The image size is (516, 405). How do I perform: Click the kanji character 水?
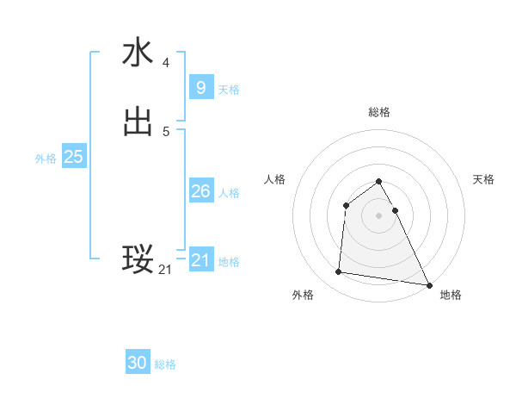138,53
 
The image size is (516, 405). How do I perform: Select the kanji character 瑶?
138,259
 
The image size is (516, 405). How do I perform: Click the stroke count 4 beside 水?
166,62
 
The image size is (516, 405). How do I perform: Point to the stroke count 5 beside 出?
166,131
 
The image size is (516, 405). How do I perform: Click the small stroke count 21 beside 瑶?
165,270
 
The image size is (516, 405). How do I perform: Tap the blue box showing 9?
200,88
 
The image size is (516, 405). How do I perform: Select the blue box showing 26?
200,191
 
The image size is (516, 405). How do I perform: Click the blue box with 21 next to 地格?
200,260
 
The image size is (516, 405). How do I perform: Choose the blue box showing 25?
73,157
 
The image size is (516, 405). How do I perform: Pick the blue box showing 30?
138,363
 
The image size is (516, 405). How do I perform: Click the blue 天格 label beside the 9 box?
229,90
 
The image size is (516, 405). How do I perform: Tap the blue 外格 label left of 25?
46,159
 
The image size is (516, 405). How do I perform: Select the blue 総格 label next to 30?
165,364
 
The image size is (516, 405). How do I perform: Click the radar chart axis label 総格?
379,112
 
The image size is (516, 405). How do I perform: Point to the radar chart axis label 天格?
484,179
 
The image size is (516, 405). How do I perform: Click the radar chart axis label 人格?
274,179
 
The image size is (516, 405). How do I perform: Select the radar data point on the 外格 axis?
339,272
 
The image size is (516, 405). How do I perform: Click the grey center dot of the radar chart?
379,215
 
